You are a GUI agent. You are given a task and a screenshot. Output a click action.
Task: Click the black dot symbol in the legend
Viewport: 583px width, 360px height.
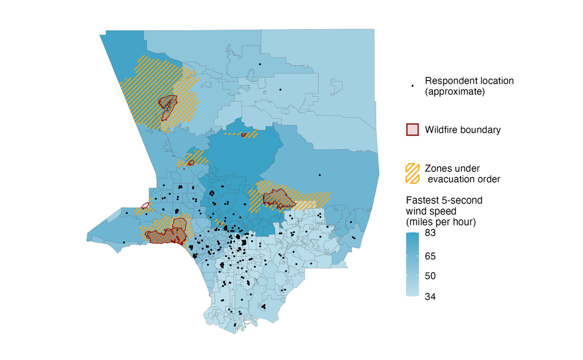[x=412, y=86]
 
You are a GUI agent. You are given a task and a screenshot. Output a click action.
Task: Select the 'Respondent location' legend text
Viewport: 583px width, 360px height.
[x=469, y=81]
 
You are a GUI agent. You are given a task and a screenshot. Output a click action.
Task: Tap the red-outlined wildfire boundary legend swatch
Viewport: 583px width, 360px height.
[x=412, y=130]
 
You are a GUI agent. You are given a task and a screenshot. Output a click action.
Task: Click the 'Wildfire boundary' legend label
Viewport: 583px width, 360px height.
[x=463, y=130]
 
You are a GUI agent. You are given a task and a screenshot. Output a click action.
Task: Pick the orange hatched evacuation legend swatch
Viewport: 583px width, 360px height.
[x=412, y=173]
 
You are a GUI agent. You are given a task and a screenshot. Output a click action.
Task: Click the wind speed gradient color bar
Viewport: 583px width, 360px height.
[x=412, y=264]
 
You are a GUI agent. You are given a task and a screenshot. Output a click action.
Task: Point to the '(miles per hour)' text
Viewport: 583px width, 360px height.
[x=440, y=223]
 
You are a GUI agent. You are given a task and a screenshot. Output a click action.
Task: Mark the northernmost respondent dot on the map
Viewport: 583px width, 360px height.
[x=260, y=64]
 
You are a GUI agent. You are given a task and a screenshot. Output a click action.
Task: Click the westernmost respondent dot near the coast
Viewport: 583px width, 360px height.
[x=124, y=242]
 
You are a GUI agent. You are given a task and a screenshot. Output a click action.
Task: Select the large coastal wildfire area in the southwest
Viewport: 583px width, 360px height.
[x=167, y=235]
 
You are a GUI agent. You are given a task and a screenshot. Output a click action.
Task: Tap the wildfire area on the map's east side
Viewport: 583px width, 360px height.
[x=277, y=197]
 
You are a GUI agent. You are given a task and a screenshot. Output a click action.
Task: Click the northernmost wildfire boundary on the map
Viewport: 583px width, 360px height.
[x=168, y=103]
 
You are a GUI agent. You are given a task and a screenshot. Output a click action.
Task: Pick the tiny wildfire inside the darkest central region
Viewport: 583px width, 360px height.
[x=244, y=135]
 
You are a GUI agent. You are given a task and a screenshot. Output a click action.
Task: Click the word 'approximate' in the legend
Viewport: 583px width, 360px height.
[x=455, y=91]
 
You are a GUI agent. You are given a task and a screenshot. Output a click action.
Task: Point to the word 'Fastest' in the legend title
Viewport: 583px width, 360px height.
[x=422, y=200]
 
